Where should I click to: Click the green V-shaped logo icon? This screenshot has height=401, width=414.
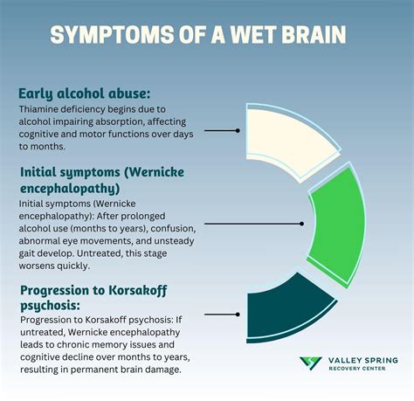tap(310, 363)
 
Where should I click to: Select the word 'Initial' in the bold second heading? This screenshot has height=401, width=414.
tap(40, 171)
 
